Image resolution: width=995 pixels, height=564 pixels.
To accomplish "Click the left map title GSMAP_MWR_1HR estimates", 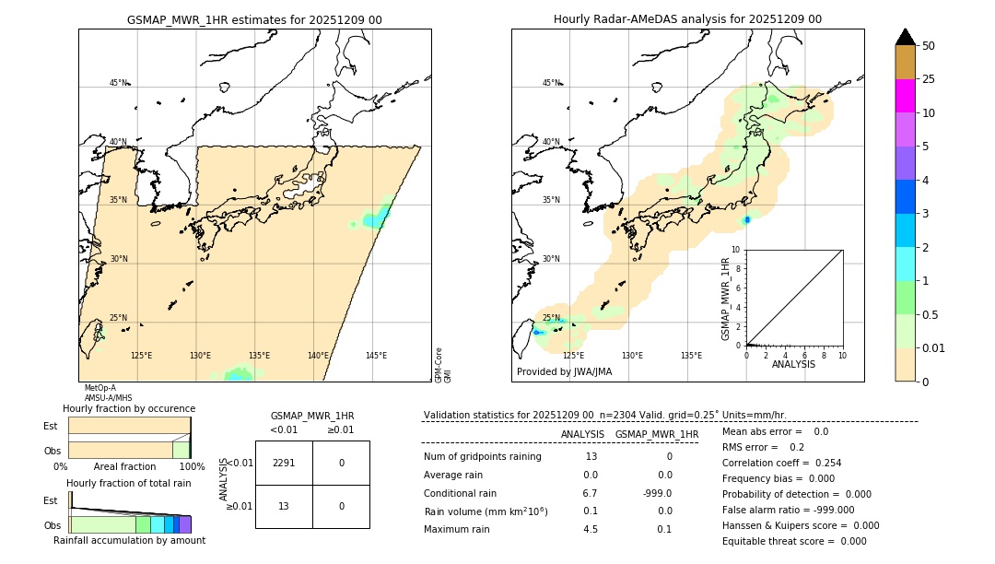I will (254, 19).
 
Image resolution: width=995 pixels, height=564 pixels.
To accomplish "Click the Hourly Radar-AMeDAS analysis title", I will (687, 19).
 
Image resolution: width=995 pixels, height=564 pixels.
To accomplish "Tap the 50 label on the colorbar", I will (929, 46).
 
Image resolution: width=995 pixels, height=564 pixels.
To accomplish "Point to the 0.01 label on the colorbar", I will (933, 347).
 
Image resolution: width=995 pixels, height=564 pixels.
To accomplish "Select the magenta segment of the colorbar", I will (905, 96).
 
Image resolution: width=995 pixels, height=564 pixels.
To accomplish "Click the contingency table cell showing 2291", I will (284, 463).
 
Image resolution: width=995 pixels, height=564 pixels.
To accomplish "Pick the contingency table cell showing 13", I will (284, 506).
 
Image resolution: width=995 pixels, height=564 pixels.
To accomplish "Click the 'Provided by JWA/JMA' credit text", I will (564, 372).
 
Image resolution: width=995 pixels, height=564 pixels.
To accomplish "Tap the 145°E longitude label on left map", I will (376, 356).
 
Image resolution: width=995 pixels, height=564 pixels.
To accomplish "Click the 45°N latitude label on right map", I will (551, 83).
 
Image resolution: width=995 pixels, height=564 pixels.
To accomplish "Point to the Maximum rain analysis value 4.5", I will (591, 529).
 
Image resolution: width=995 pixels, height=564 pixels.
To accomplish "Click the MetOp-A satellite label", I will (99, 388).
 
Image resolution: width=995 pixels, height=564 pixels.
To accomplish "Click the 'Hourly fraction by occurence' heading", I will (129, 408).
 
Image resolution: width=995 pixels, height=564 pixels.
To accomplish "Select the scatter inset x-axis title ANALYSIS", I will (794, 364).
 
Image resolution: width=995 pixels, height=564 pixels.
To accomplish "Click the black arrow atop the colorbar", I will (905, 37).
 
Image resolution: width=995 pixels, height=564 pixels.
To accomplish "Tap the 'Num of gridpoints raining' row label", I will (482, 457).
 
